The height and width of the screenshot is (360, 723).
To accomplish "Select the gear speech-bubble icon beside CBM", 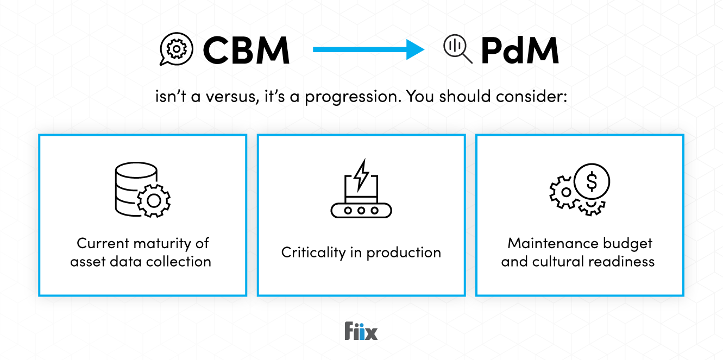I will pos(176,49).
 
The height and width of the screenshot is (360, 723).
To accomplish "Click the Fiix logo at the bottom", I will pos(361,331).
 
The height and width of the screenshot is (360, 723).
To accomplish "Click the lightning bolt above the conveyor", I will pos(361,172).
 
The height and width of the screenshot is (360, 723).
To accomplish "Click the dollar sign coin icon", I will pos(592,180).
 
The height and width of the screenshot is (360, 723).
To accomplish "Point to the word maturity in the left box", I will pos(161,243).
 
